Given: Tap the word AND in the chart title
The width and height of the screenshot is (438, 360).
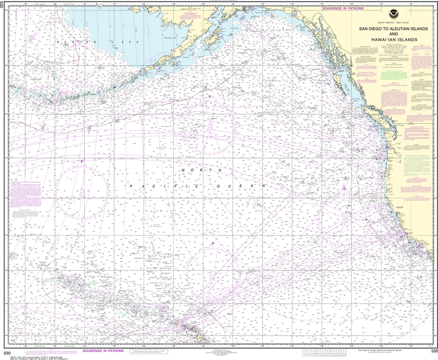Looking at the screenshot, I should pyautogui.click(x=388, y=34).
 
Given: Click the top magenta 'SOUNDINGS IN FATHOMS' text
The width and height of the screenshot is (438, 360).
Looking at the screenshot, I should pyautogui.click(x=343, y=8).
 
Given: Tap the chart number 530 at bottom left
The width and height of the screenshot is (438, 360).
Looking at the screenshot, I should pyautogui.click(x=7, y=353).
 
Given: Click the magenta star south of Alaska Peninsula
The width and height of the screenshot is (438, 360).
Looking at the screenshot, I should pyautogui.click(x=210, y=97).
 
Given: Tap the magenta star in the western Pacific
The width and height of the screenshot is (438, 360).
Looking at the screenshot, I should pyautogui.click(x=82, y=161).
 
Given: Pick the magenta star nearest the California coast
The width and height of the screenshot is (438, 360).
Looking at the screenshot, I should pyautogui.click(x=344, y=188).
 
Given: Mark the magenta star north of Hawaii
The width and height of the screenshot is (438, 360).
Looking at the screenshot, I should pyautogui.click(x=213, y=243).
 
